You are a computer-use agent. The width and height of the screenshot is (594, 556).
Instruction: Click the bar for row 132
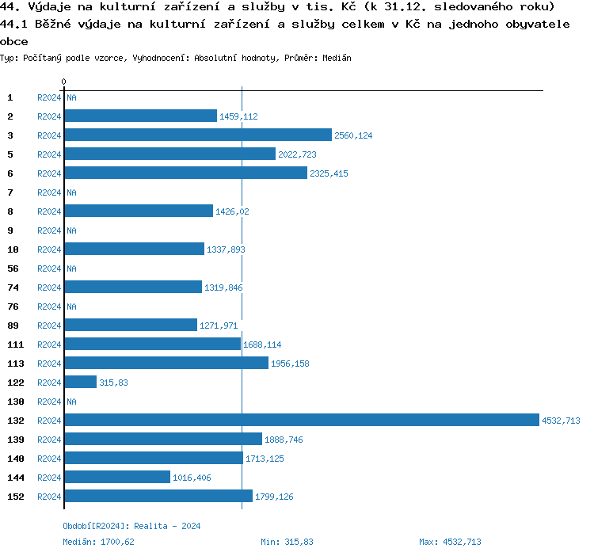301,421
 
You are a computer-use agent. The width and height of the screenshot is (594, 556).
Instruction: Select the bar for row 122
81,383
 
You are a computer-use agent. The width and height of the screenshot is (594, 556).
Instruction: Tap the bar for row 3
198,135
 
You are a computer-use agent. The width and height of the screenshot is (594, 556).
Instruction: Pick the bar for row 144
117,478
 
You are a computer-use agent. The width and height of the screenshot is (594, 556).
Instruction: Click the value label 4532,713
561,421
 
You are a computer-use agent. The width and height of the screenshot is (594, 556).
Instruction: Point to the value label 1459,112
238,116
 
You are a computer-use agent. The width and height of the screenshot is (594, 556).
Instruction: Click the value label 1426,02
233,211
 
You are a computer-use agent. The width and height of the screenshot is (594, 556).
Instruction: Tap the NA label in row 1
71,97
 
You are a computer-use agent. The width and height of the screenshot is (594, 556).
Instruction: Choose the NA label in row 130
71,402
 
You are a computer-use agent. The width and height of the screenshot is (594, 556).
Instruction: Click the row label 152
16,497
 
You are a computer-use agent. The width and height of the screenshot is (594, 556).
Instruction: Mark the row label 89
13,326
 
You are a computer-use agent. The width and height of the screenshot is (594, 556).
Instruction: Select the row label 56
13,268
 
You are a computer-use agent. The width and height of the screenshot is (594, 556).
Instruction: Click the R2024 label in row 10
49,249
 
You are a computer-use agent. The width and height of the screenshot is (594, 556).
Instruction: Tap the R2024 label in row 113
49,364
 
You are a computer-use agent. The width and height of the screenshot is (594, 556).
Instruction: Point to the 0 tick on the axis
63,82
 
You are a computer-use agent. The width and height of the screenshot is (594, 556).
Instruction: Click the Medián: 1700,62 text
98,542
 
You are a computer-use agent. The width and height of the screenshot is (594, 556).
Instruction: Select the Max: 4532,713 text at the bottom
450,542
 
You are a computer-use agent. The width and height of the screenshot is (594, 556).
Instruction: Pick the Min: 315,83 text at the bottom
287,542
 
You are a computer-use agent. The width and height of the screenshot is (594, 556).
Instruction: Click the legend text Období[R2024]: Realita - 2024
131,526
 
